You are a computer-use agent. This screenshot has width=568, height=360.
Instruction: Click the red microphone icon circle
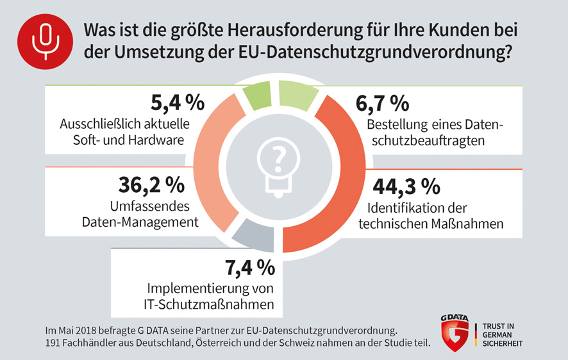(46, 40)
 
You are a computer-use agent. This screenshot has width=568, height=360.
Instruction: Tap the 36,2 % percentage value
(152, 184)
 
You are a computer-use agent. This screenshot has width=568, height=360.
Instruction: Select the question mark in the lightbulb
(278, 157)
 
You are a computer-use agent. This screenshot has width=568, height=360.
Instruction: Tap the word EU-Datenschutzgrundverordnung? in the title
(374, 53)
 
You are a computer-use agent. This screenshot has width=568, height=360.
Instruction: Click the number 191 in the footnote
(53, 343)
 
